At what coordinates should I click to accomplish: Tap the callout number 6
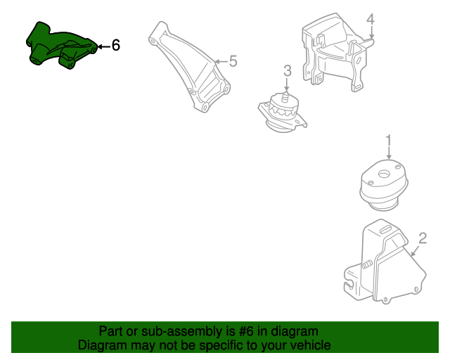116,46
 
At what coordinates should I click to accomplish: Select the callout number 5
233,61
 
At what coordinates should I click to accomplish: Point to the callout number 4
371,19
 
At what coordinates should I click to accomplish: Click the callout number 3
287,70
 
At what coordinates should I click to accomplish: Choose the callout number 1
387,141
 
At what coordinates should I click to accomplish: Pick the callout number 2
423,238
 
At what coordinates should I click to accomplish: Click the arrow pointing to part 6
102,46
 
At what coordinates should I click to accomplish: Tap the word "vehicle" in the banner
310,345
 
